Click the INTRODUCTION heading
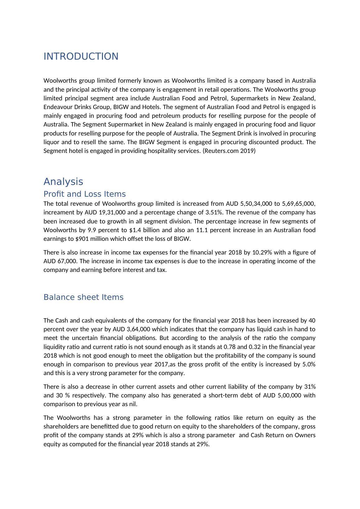pos(81,57)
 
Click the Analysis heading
pos(63,181)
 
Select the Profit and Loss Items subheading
pos(85,194)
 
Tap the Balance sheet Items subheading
pos(83,297)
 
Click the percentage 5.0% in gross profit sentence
pos(309,364)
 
